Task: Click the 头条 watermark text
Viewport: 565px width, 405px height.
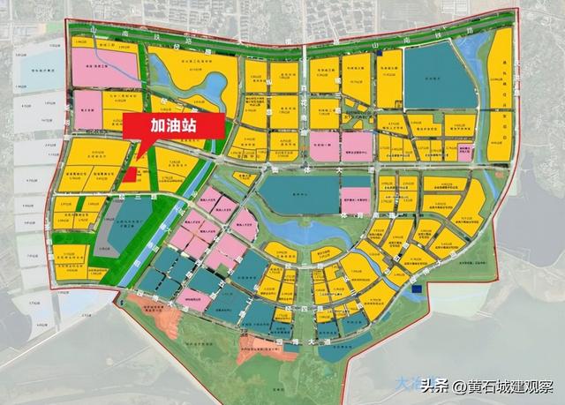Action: (x=433, y=386)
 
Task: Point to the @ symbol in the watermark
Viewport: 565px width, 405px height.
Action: (x=458, y=386)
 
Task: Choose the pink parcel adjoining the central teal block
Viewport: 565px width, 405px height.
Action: (x=355, y=199)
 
